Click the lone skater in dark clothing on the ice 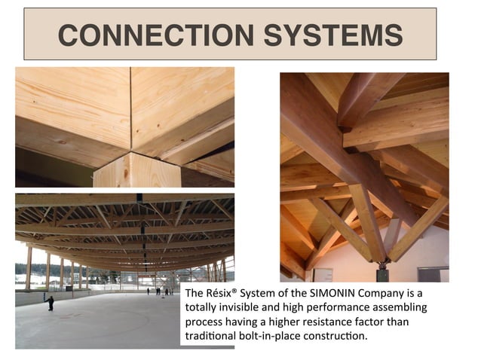coord(51,302)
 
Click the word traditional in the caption coord(208,335)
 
